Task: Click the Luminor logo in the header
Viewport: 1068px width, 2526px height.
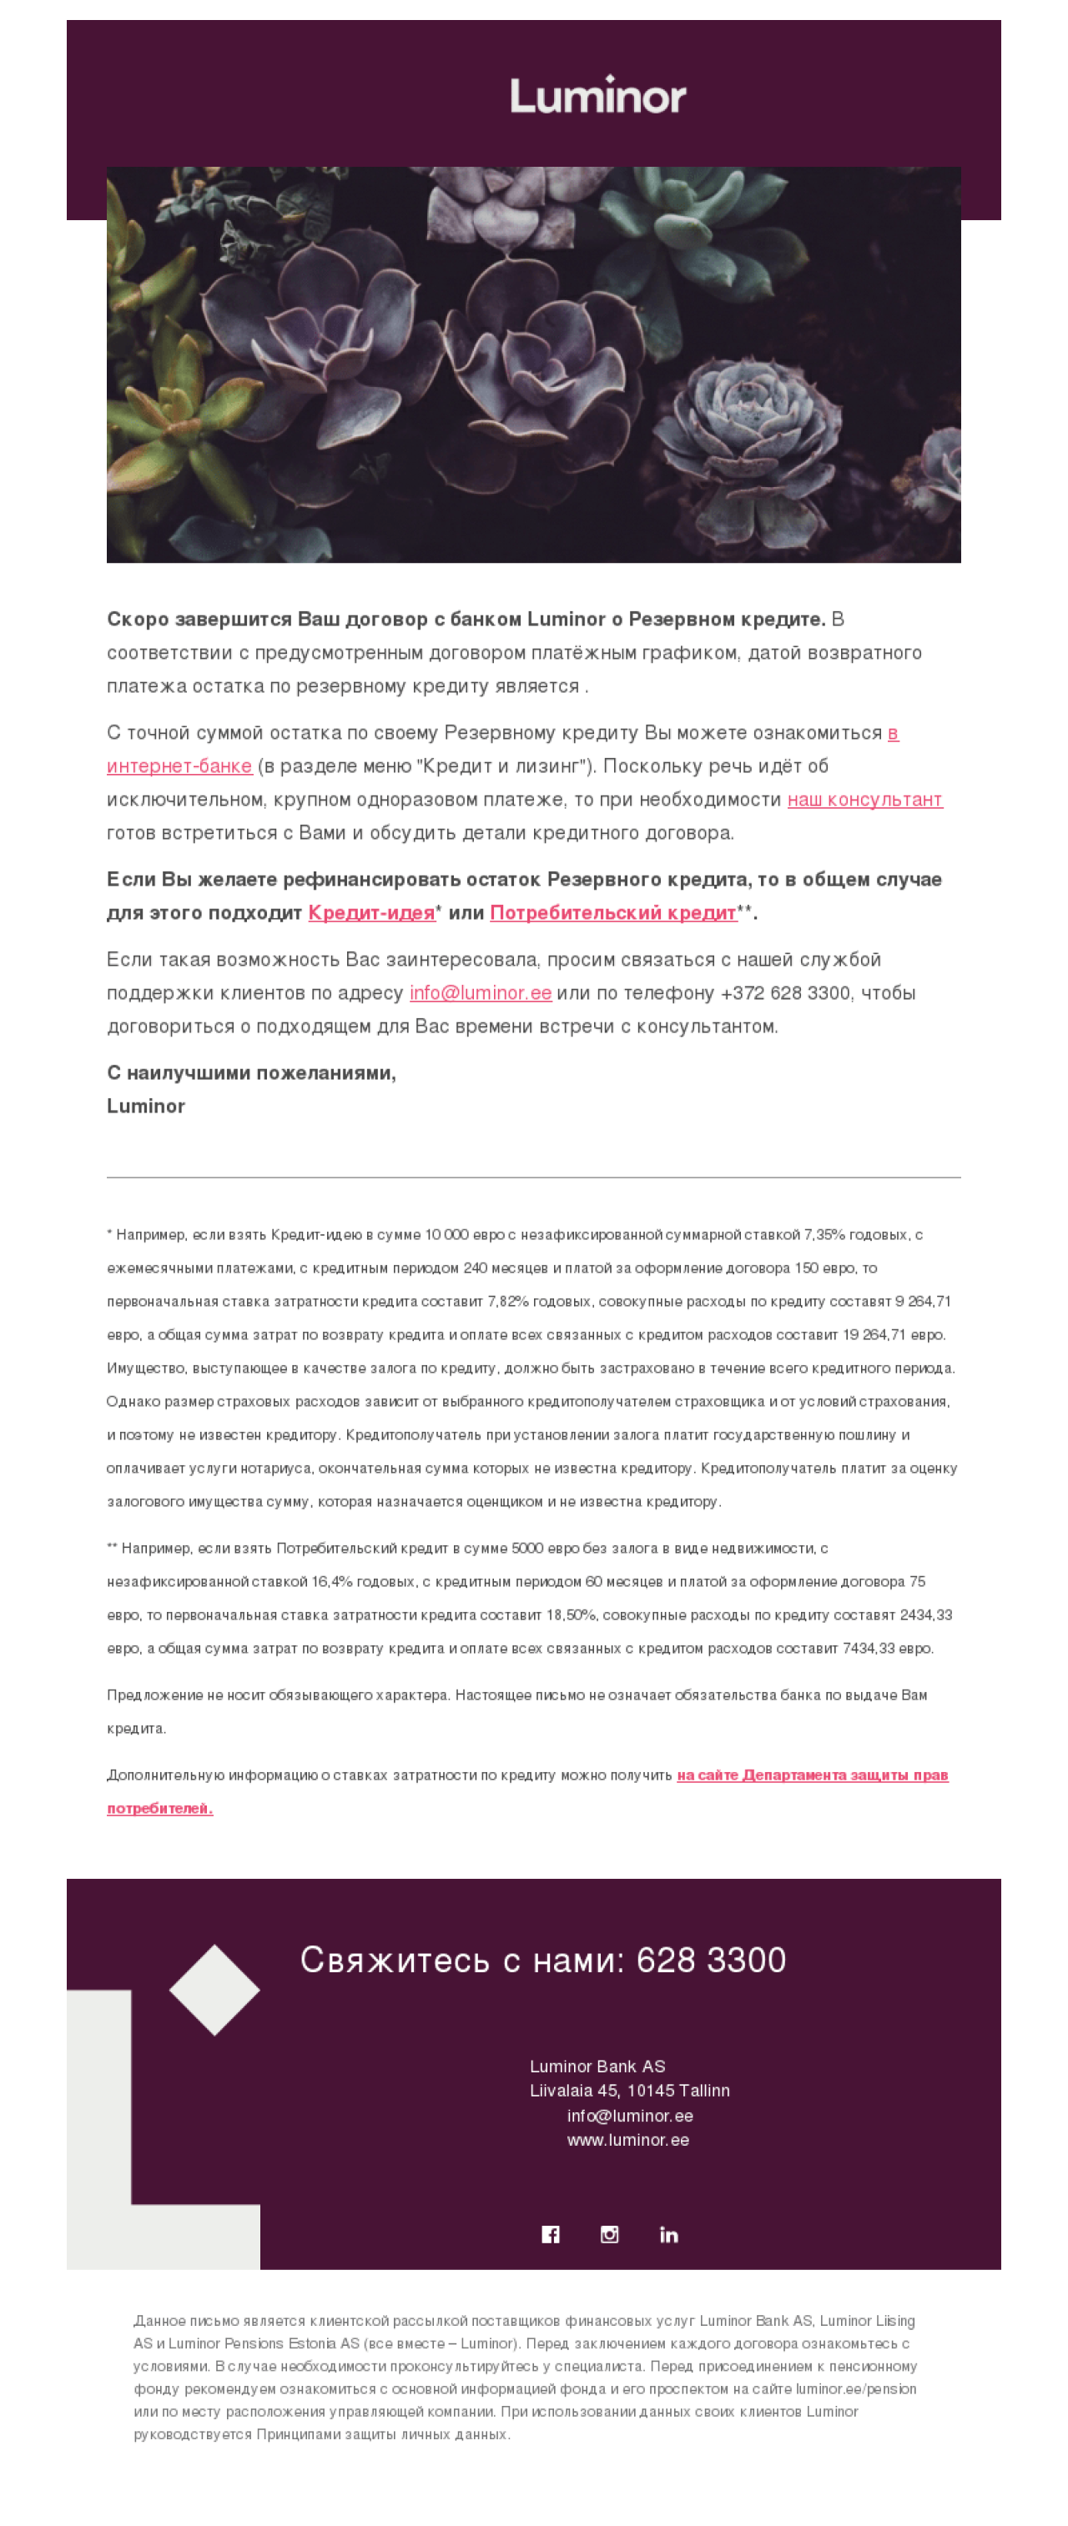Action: [597, 95]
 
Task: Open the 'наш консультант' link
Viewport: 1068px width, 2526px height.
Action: [864, 799]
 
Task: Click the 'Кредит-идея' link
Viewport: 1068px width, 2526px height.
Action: [370, 913]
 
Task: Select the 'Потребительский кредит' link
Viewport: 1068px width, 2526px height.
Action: [613, 913]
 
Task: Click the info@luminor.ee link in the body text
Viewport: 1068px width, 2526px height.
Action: [481, 993]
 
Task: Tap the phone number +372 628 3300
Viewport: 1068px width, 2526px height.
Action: [784, 993]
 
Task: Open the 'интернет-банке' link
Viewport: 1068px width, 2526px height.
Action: [179, 766]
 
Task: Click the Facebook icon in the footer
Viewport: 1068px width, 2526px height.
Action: [550, 2234]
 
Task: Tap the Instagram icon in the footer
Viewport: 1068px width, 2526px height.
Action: [609, 2234]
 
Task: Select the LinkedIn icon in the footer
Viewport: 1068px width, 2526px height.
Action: [669, 2234]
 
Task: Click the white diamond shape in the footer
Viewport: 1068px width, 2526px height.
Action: [214, 1990]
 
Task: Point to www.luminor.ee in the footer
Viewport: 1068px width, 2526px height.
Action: [627, 2140]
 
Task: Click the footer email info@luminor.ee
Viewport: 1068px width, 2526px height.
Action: [630, 2115]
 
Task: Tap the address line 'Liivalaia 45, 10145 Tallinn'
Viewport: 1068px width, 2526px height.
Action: [630, 2090]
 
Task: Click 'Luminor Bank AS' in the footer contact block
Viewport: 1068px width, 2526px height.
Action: [597, 2066]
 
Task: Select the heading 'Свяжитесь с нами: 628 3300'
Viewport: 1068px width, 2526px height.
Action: [542, 1959]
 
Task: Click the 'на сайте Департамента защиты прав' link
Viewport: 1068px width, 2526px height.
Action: [812, 1775]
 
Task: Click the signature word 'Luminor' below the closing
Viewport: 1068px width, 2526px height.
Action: [146, 1106]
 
